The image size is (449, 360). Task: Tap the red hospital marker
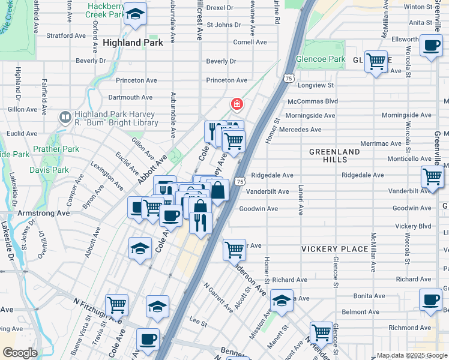[x=237, y=105]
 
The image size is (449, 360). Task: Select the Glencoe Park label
[x=320, y=59]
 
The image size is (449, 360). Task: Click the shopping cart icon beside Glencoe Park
[x=376, y=61]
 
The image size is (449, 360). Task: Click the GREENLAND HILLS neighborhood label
[x=334, y=155]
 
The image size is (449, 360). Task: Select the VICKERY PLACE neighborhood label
[x=334, y=249]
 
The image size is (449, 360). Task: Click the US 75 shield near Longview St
[x=289, y=79]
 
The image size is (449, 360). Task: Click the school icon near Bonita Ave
[x=281, y=301]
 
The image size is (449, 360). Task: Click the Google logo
[x=20, y=353]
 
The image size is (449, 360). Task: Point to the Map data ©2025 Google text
[x=411, y=355]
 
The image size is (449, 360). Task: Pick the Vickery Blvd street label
[x=413, y=226]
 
